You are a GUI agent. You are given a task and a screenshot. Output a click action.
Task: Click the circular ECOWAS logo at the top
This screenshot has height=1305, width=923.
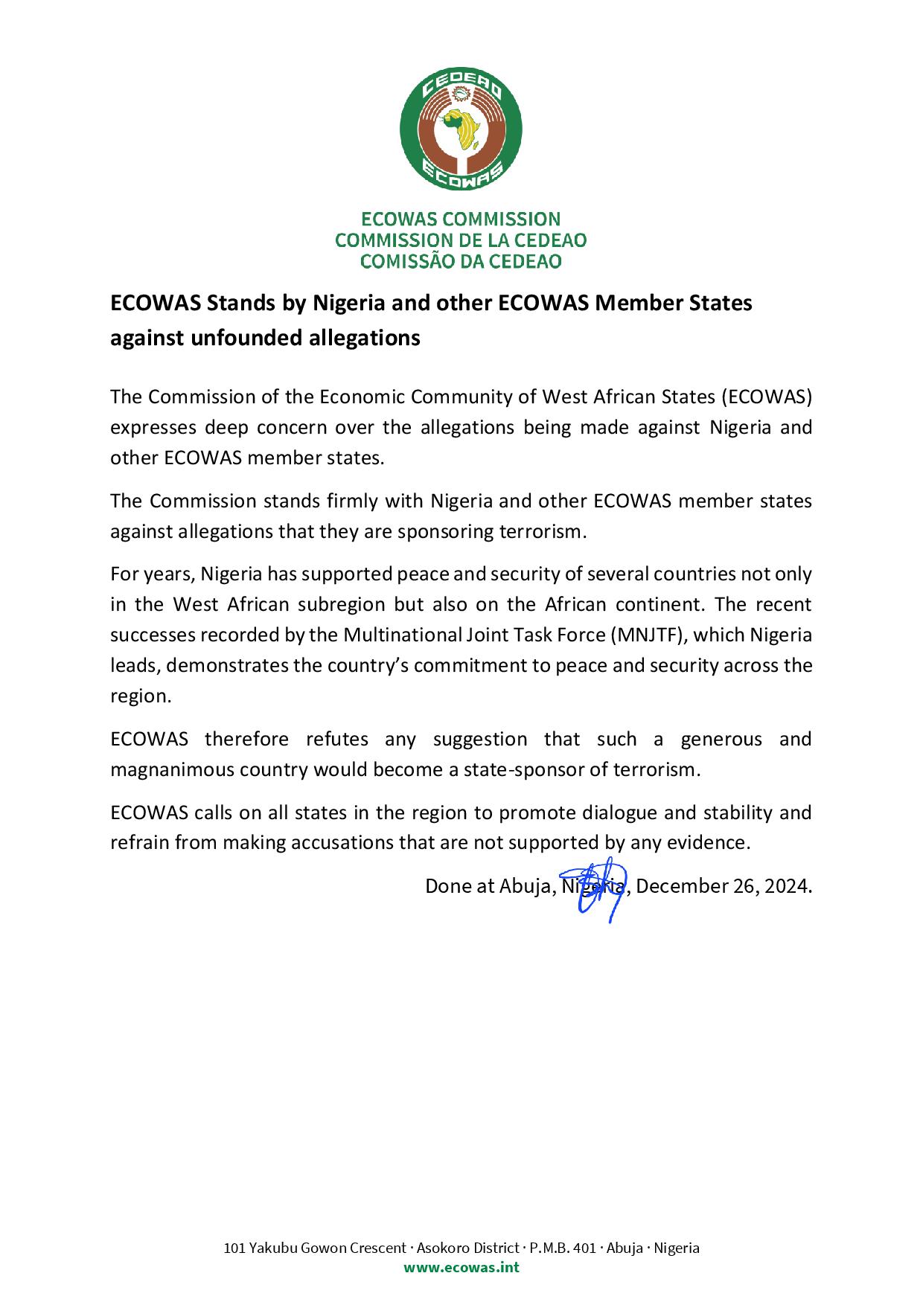pyautogui.click(x=461, y=128)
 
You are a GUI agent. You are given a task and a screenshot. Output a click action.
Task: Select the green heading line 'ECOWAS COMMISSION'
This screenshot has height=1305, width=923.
pyautogui.click(x=461, y=219)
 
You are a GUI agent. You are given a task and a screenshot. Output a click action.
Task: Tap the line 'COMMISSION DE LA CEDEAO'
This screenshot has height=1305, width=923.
pyautogui.click(x=461, y=240)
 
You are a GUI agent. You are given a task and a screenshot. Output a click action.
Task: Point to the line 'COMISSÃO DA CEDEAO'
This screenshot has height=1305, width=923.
pyautogui.click(x=461, y=260)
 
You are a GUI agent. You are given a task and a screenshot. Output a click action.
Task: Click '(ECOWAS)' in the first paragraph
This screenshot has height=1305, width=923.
pyautogui.click(x=766, y=397)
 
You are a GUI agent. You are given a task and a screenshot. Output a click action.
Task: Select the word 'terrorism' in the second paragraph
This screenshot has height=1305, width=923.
pyautogui.click(x=540, y=532)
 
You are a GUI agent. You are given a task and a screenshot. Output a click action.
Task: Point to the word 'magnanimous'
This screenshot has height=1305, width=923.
pyautogui.click(x=172, y=769)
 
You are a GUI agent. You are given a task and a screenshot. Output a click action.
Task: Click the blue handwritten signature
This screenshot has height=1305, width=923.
pyautogui.click(x=595, y=887)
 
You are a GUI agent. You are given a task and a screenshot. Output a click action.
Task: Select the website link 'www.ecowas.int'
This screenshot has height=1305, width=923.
pyautogui.click(x=461, y=1267)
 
